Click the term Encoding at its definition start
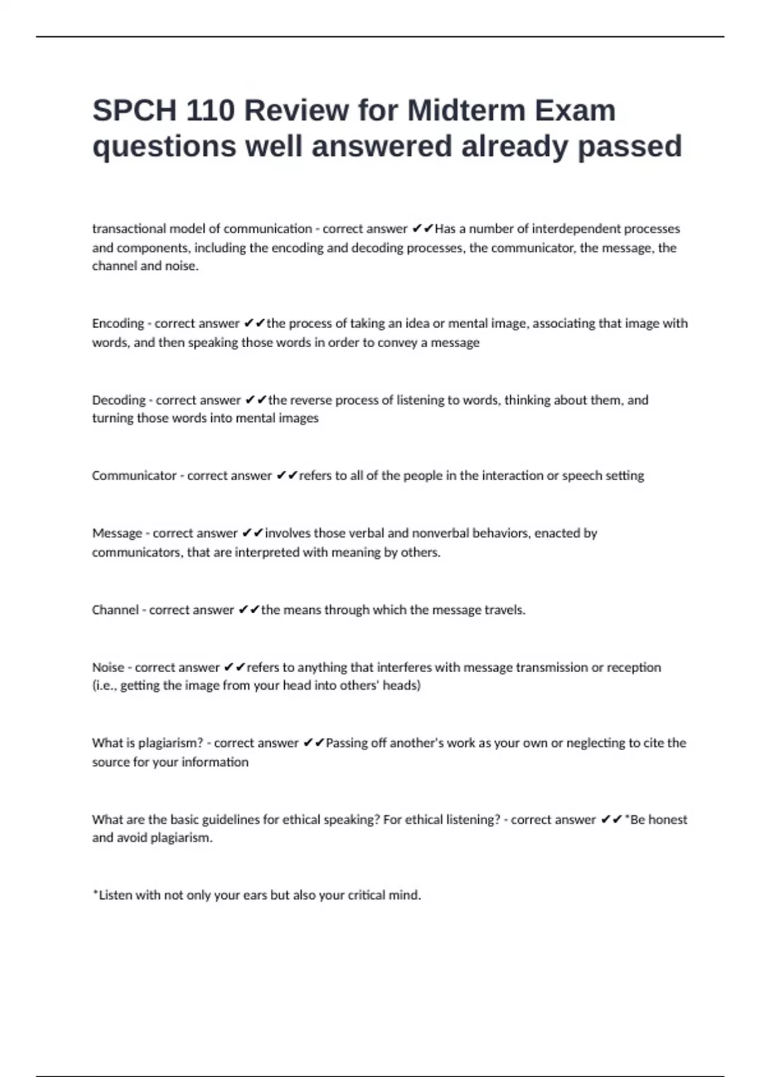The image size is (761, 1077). click(118, 324)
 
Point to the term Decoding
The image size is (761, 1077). click(119, 400)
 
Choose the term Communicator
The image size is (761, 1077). click(134, 476)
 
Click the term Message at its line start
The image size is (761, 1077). click(117, 533)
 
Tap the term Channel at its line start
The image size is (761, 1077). click(115, 610)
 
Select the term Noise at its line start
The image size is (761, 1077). click(108, 668)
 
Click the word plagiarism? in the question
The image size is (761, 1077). click(171, 743)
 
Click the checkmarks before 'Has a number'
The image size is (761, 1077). click(422, 229)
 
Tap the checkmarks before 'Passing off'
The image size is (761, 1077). click(314, 743)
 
